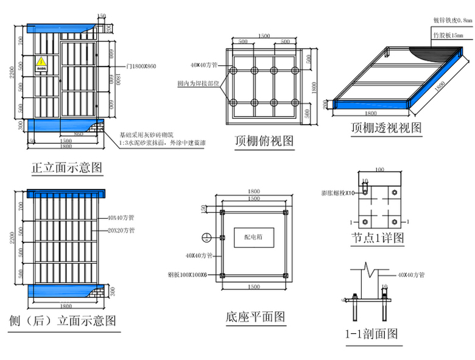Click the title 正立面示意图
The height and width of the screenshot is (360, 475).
[x=66, y=167]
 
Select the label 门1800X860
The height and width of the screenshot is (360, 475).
[x=141, y=65]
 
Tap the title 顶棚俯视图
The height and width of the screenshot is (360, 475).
[x=264, y=141]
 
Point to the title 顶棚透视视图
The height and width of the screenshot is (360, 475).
[x=387, y=128]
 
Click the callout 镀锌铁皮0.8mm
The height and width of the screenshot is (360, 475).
[x=452, y=19]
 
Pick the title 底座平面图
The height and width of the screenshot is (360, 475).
[x=255, y=317]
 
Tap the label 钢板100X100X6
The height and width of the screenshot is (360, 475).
[x=187, y=274]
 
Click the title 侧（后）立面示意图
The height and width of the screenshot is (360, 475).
[x=63, y=321]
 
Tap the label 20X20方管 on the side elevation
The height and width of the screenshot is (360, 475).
[x=121, y=231]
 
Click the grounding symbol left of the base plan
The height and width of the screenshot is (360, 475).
[x=206, y=237]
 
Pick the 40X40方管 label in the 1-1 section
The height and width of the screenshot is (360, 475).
[x=410, y=275]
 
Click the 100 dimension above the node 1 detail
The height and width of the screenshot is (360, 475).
[x=379, y=169]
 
